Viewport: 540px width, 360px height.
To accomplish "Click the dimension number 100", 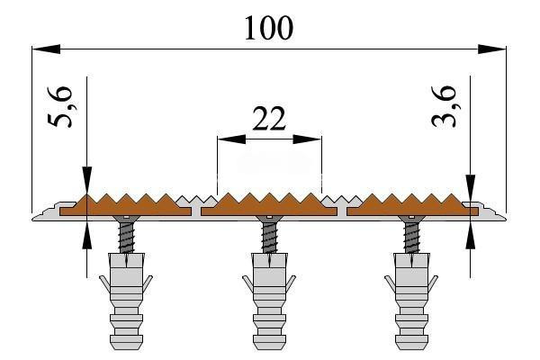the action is point(268,28).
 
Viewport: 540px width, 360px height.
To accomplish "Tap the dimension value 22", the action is point(269,119).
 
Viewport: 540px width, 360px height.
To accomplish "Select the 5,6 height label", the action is point(60,107).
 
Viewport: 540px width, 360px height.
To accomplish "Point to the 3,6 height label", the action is point(445,106).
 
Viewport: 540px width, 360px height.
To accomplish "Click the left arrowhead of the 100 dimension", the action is point(46,49).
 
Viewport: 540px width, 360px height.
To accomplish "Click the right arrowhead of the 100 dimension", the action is point(492,49).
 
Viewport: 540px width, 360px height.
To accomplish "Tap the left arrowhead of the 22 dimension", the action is point(231,139).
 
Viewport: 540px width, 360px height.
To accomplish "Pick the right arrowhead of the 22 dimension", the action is point(307,139).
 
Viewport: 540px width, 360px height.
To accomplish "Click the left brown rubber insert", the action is point(125,206).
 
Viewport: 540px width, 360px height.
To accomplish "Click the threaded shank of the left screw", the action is point(128,238).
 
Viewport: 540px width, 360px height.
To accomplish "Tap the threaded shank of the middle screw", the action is point(270,238).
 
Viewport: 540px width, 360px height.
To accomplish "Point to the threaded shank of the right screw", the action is point(412,238).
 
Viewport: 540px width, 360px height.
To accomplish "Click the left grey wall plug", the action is point(126,301).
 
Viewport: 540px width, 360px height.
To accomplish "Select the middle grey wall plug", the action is point(269,301).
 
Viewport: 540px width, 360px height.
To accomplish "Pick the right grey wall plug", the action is point(411,301).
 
